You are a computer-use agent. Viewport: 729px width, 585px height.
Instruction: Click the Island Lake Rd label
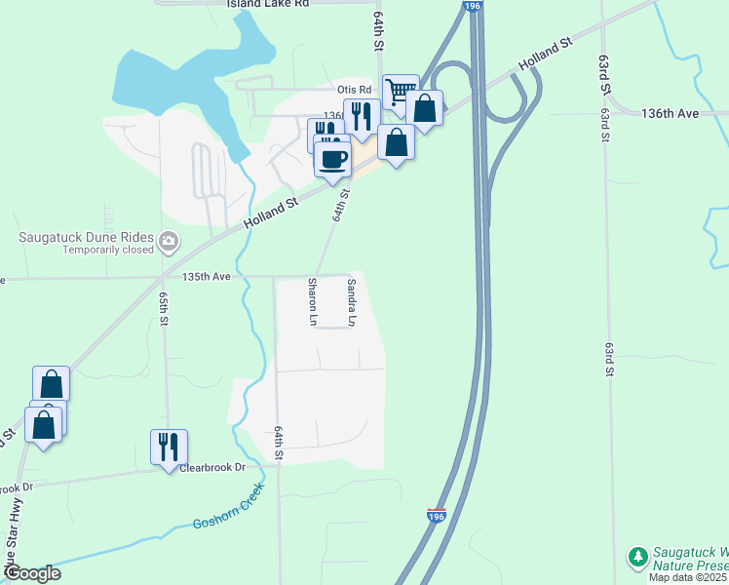pyautogui.click(x=267, y=5)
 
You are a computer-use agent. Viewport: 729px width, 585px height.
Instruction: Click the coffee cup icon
pyautogui.click(x=332, y=158)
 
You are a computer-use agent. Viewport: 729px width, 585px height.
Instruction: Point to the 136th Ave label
pyautogui.click(x=671, y=114)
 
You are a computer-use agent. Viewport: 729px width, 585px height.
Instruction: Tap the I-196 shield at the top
pyautogui.click(x=473, y=6)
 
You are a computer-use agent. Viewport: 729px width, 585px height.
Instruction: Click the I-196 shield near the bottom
pyautogui.click(x=437, y=514)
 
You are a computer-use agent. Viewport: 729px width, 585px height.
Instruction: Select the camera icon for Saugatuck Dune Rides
pyautogui.click(x=169, y=239)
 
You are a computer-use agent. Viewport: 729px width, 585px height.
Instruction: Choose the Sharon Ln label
pyautogui.click(x=313, y=301)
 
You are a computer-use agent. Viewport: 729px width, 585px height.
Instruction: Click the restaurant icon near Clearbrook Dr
pyautogui.click(x=169, y=447)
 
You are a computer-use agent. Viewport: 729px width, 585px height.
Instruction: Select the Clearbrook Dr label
pyautogui.click(x=212, y=468)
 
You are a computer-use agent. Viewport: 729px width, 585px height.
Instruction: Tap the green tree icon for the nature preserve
pyautogui.click(x=637, y=557)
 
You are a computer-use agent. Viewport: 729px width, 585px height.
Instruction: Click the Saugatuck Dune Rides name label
pyautogui.click(x=89, y=237)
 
